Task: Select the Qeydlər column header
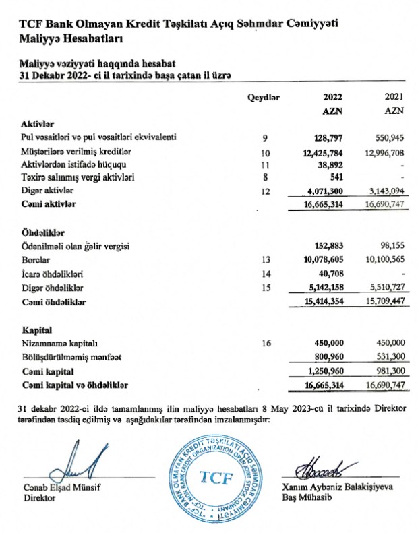(264, 97)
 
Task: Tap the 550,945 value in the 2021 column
(388, 137)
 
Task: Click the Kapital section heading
(36, 330)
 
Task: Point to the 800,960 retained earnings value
(330, 357)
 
